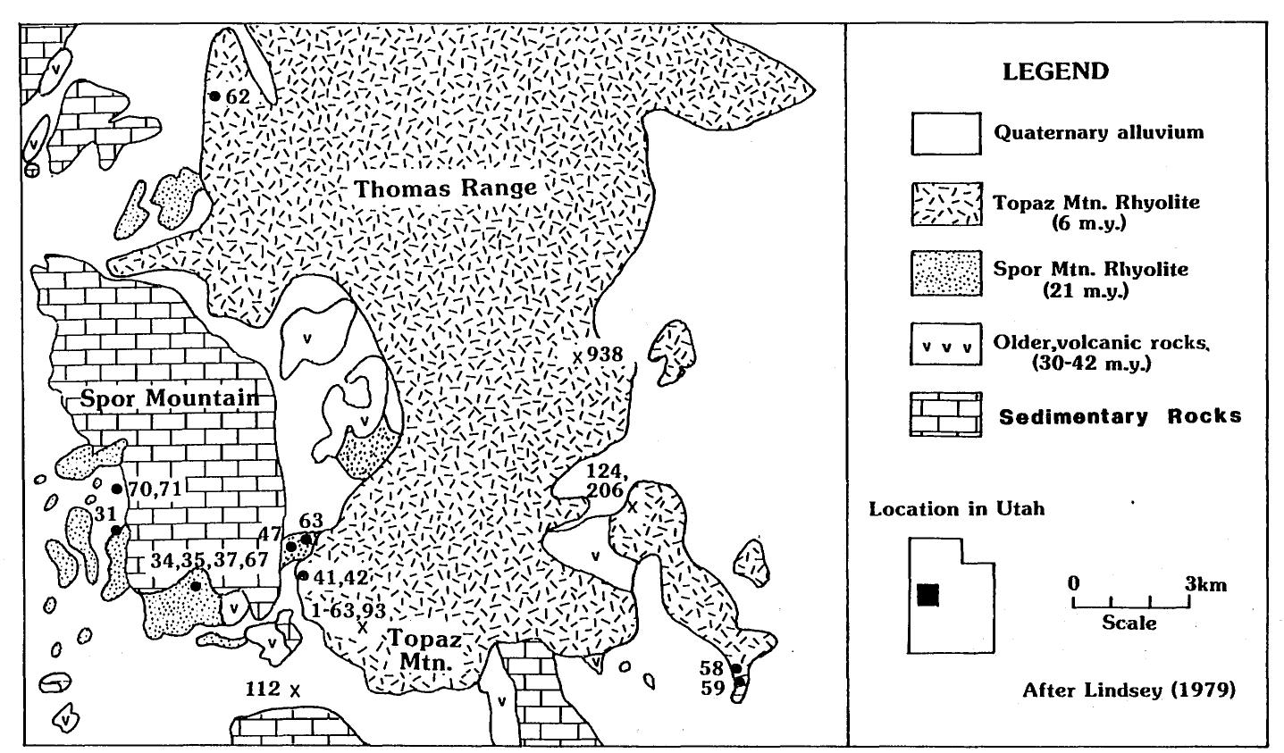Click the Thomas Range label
(x=445, y=188)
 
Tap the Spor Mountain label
(x=170, y=398)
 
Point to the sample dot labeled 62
(x=214, y=96)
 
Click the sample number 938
(x=604, y=354)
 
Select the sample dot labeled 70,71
(x=116, y=489)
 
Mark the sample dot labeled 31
(x=115, y=531)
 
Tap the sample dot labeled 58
(x=735, y=668)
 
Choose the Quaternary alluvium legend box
(x=944, y=133)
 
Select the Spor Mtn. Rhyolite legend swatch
(x=944, y=276)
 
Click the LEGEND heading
(x=1055, y=72)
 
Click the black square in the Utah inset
(x=928, y=594)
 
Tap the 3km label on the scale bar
(x=1205, y=585)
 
